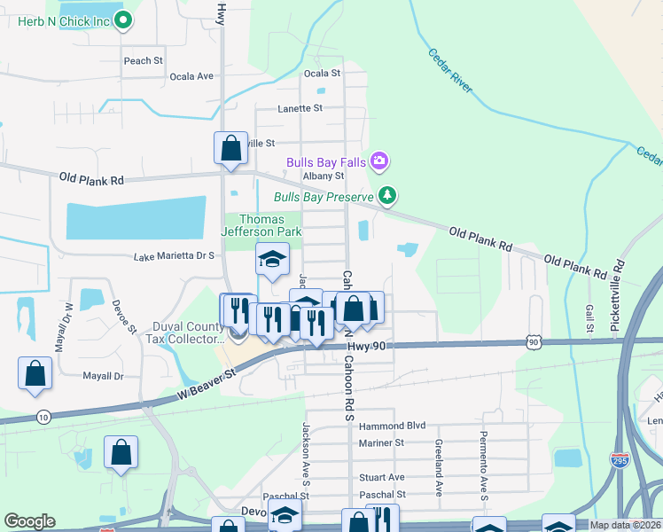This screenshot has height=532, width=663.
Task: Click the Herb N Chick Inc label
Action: coord(64,20)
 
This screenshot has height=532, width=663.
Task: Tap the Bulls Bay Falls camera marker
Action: coord(379,160)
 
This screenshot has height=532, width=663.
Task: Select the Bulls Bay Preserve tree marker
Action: coord(386,195)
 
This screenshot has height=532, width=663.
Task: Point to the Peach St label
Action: coord(144,60)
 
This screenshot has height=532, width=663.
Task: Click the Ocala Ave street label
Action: coord(192,76)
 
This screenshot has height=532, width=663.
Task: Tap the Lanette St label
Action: coord(300,108)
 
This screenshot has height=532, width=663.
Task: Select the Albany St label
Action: coord(323,176)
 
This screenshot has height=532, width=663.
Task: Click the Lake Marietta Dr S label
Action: coord(175,256)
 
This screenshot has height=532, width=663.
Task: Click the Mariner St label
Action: coord(381,442)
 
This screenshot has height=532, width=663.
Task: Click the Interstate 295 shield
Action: coord(620,459)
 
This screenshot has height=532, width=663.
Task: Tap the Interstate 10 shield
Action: coord(44,416)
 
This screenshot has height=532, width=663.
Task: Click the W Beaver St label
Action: coord(207,385)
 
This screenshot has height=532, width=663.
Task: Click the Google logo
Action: coord(29,521)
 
